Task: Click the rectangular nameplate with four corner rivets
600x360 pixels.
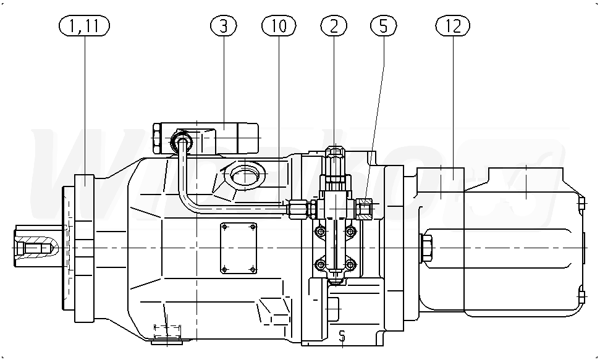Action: click(239, 247)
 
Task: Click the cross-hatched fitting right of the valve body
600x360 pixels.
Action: click(364, 209)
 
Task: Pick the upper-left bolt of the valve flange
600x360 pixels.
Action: click(320, 232)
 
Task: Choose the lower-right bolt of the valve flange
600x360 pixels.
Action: click(352, 265)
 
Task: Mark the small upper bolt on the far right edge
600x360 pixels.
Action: click(581, 201)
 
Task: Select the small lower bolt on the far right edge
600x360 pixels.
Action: click(581, 296)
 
